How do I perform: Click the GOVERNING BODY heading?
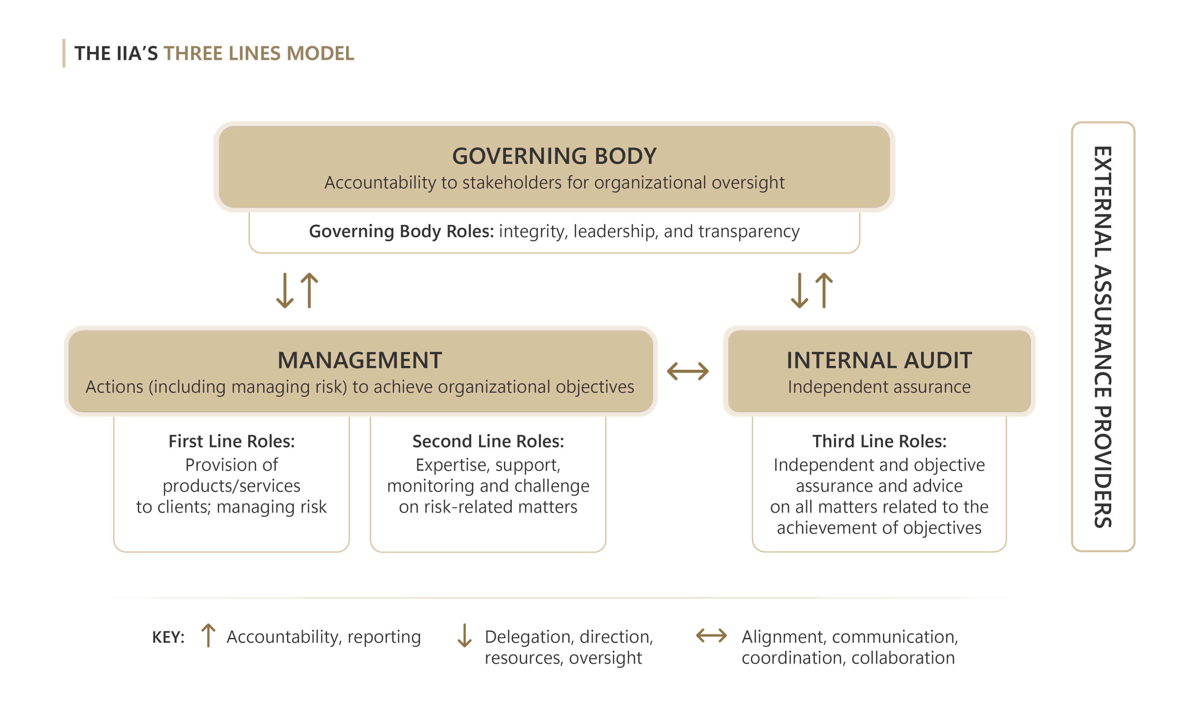554,156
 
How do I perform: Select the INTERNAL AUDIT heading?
879,360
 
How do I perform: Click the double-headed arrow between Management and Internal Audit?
688,371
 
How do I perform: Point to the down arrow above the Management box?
285,290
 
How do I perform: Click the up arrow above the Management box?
309,290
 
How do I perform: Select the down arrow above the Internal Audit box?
799,290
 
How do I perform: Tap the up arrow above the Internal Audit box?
824,290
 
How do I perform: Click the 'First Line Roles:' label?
231,441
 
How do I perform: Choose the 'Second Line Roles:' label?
488,441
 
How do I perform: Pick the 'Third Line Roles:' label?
879,441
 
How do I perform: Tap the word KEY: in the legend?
168,637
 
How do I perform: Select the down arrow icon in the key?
465,636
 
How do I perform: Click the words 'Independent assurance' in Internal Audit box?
879,387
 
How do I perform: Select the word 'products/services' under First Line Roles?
231,486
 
